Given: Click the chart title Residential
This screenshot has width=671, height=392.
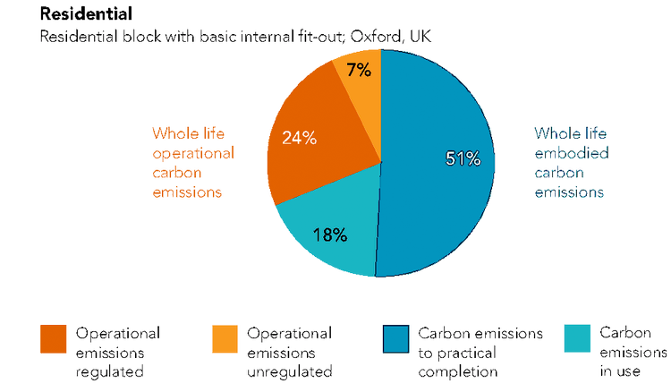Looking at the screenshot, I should (85, 13).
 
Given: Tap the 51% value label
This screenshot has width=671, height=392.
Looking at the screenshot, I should (463, 159).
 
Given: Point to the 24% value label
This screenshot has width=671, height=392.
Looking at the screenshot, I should (300, 138).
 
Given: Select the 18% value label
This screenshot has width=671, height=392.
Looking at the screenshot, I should (329, 234).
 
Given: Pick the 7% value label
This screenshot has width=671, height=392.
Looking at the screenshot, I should (358, 69).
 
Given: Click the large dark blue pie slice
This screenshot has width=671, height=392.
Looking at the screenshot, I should (438, 197).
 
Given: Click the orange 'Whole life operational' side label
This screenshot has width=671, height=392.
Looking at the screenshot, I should (191, 162).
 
